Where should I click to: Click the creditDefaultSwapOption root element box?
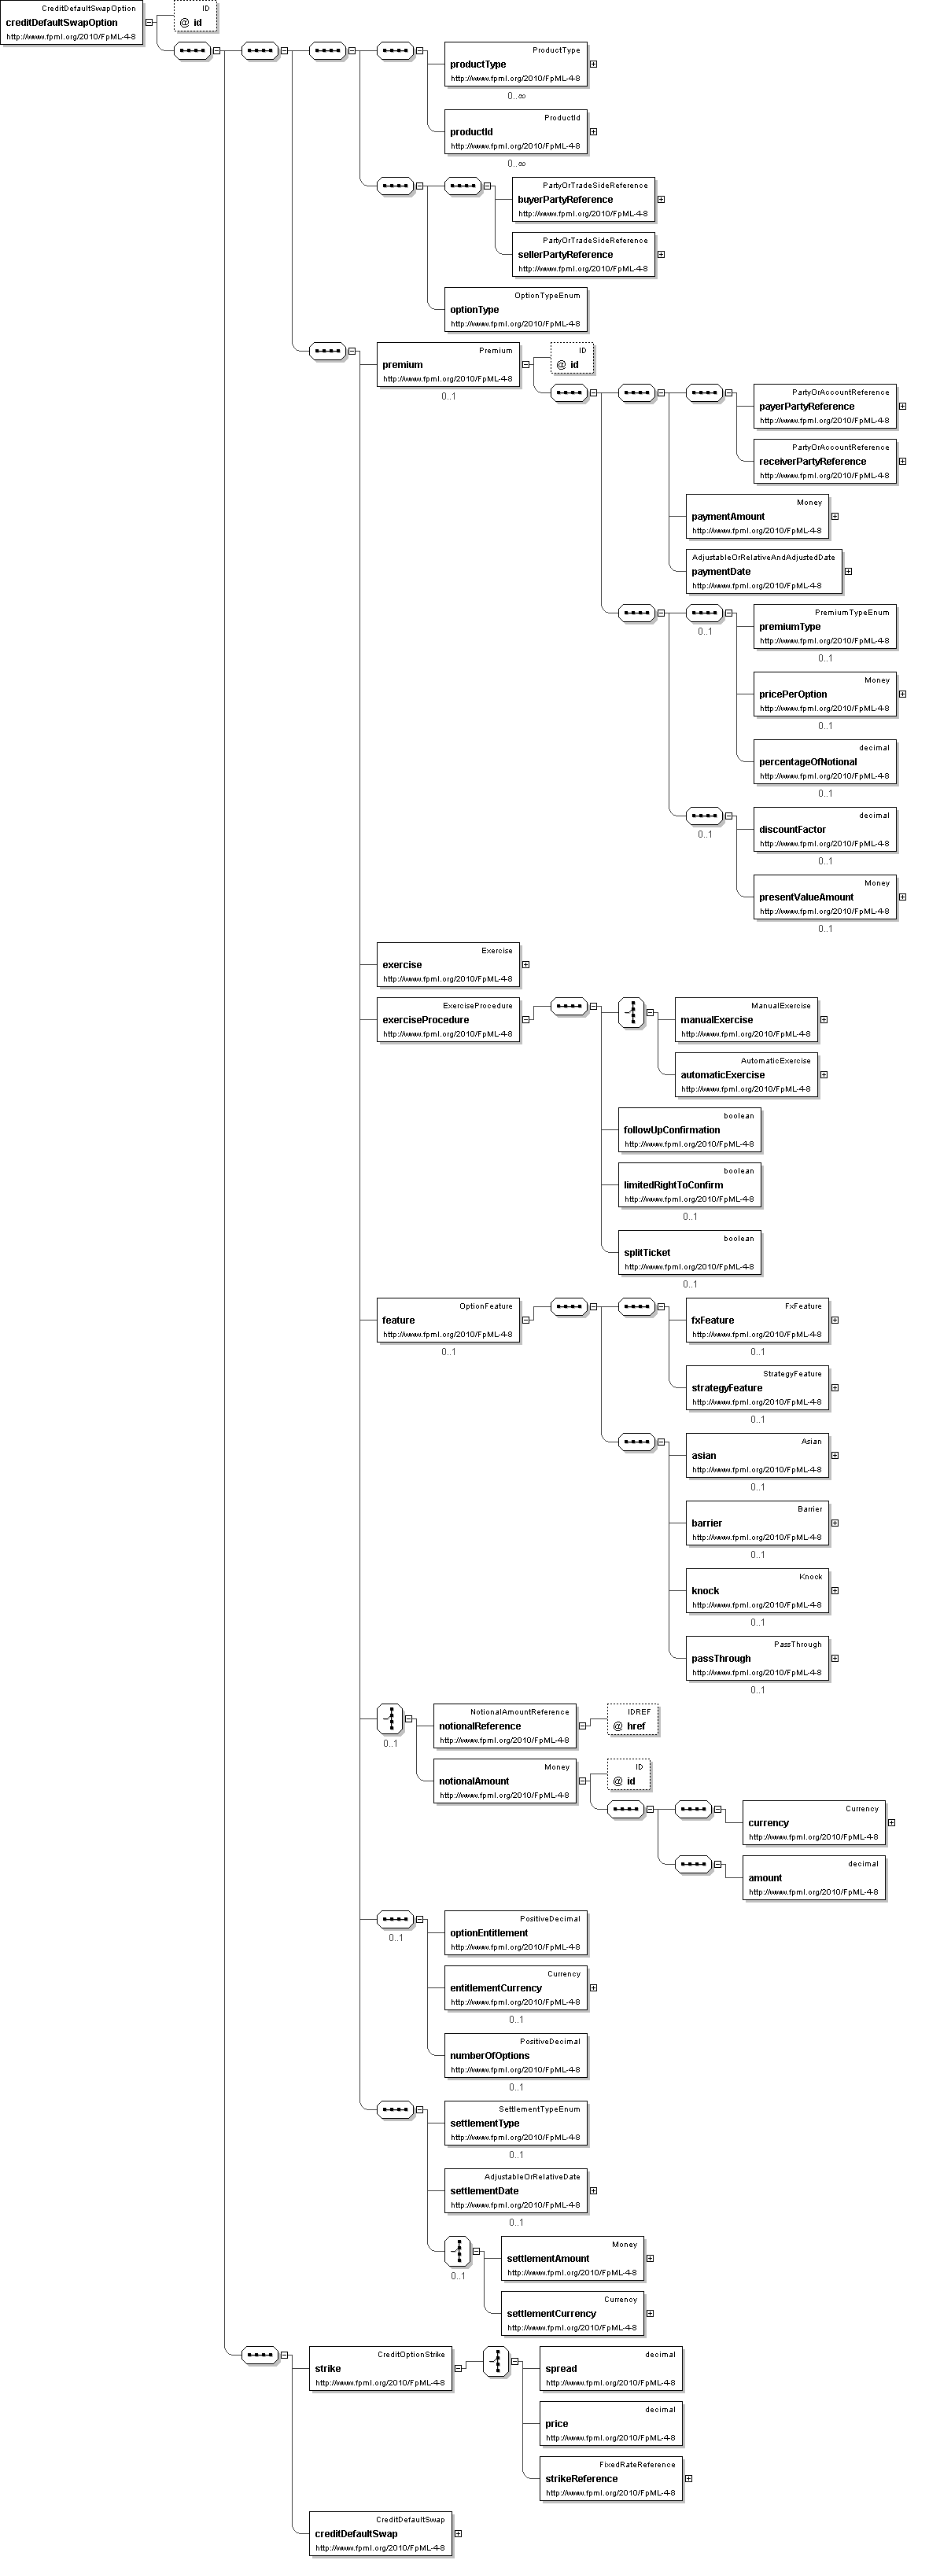[x=72, y=23]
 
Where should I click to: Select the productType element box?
[x=514, y=64]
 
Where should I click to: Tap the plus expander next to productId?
[x=593, y=131]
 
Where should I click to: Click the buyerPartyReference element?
[x=582, y=200]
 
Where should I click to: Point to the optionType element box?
[x=514, y=310]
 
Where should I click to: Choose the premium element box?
[x=447, y=365]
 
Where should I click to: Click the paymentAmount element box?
[x=756, y=517]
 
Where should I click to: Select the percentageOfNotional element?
[x=824, y=762]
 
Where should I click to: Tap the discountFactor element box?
[x=824, y=830]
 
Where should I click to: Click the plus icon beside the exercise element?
[x=525, y=965]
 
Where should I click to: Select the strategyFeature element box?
[x=756, y=1388]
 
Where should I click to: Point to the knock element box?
[x=756, y=1591]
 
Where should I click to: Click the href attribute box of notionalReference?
[x=633, y=1726]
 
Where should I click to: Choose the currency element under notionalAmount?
[x=813, y=1822]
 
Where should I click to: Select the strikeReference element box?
[x=610, y=2478]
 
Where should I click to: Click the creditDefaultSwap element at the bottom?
[x=380, y=2533]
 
